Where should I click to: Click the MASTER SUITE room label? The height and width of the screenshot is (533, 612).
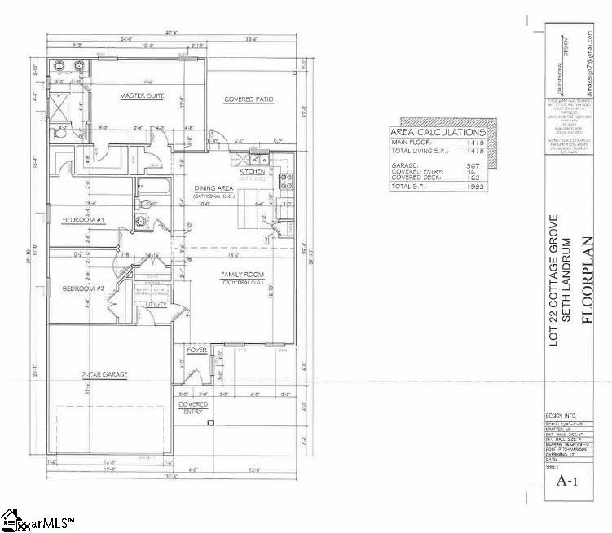[x=142, y=96]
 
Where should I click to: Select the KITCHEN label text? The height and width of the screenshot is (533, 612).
[x=252, y=172]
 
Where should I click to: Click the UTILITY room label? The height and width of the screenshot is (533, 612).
[x=156, y=306]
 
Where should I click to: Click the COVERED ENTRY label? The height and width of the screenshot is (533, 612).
[x=194, y=407]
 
